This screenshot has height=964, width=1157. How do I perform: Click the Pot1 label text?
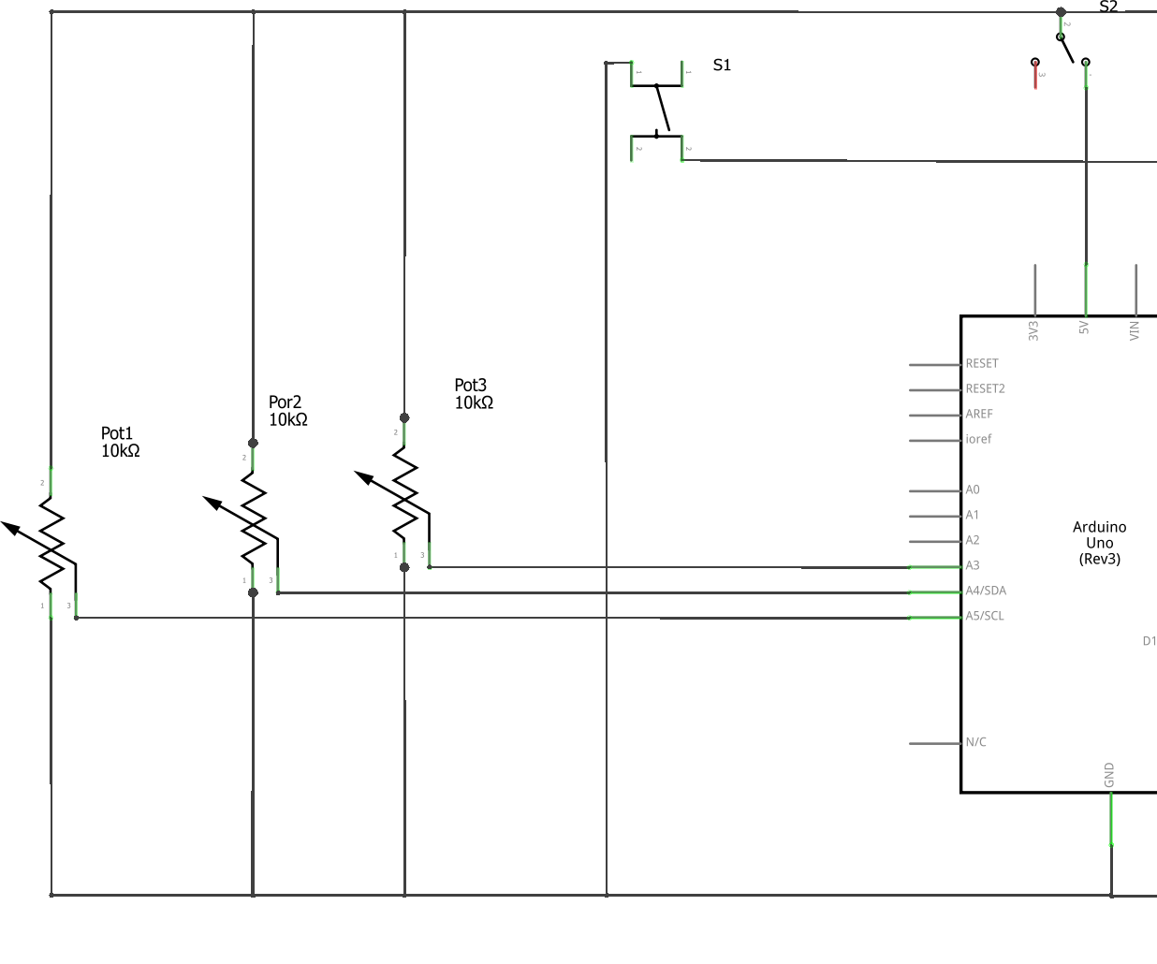coord(117,433)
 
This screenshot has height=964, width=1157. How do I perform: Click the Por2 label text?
coord(285,402)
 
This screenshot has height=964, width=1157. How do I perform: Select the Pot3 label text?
coord(471,386)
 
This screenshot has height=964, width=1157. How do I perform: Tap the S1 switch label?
coord(722,65)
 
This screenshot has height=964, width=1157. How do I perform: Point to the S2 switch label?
coord(1108,7)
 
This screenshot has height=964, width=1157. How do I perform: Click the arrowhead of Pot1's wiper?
coord(11,529)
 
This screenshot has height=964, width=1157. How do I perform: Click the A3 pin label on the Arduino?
coord(973,565)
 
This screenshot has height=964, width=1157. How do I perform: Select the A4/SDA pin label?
coord(986,591)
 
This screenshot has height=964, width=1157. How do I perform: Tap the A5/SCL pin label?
coord(985,616)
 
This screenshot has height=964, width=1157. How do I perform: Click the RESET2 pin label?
coord(985,388)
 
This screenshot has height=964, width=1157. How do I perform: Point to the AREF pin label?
coord(979,414)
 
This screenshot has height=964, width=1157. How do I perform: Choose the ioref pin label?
coord(978,439)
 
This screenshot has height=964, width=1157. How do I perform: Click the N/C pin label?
coord(975,742)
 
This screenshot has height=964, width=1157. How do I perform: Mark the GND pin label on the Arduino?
coord(1109,775)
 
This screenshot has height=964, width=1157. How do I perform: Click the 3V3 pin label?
coord(1033,330)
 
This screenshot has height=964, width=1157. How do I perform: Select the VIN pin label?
coord(1135,330)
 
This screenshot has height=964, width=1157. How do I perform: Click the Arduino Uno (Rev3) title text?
coord(1099,543)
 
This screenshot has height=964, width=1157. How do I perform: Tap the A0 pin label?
coord(973,489)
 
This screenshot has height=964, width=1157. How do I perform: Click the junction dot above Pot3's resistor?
coord(404,418)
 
